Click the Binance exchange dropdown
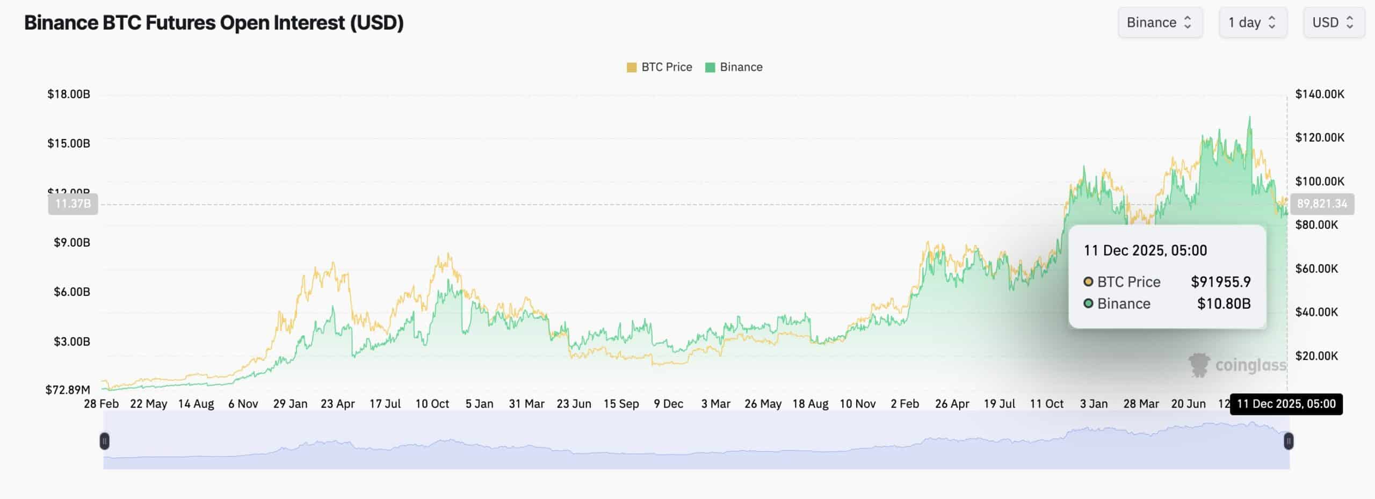[x=1160, y=23]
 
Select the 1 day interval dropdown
[x=1253, y=23]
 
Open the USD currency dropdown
[x=1334, y=23]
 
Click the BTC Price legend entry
[x=660, y=67]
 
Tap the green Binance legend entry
[x=734, y=67]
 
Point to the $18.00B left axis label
[x=69, y=95]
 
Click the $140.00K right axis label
[x=1320, y=95]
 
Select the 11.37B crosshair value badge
[x=73, y=204]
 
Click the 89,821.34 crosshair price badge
[x=1322, y=204]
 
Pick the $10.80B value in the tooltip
[x=1224, y=304]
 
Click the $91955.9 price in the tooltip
[x=1220, y=282]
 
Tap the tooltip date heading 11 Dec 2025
[x=1145, y=251]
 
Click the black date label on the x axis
[x=1286, y=404]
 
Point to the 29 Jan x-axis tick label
[x=290, y=404]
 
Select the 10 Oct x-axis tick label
[x=432, y=404]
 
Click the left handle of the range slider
[x=105, y=442]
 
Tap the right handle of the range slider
[x=1288, y=442]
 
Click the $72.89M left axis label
[x=68, y=390]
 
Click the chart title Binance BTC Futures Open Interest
[x=214, y=23]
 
